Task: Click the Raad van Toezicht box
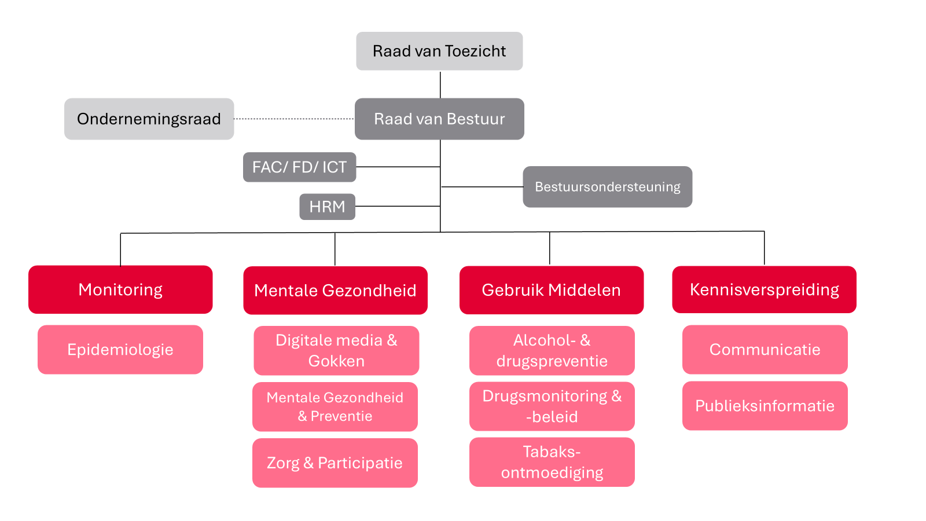point(439,51)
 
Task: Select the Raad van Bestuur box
point(439,119)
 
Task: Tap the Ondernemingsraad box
point(149,119)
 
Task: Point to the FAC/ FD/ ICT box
point(299,167)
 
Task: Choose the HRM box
point(327,207)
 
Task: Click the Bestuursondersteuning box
point(607,186)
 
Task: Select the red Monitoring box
point(120,289)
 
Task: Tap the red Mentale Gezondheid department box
point(335,290)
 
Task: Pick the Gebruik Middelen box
point(551,290)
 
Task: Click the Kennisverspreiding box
point(764,289)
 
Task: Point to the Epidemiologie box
point(120,350)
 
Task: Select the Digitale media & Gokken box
point(336,350)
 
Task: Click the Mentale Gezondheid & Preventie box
point(335,406)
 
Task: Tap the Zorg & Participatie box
point(335,463)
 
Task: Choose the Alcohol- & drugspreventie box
point(552,350)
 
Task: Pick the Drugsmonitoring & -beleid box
point(552,406)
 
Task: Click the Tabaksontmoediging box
point(552,462)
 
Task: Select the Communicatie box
point(765,350)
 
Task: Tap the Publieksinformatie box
point(765,406)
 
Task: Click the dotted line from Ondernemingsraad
point(294,119)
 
